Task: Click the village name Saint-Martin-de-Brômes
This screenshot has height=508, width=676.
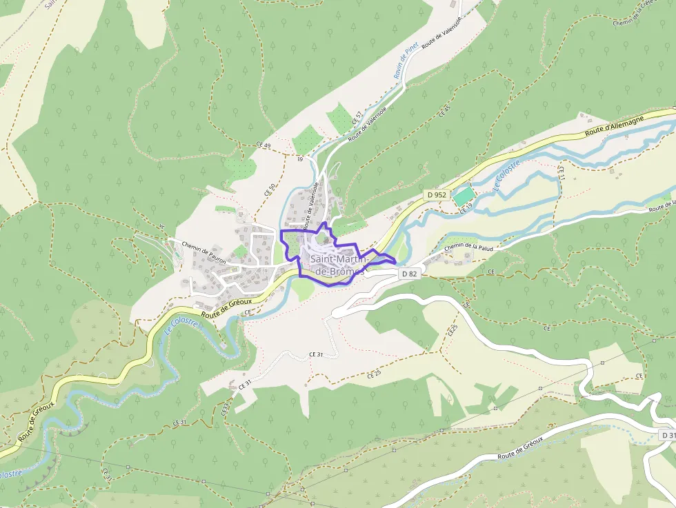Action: pos(337,265)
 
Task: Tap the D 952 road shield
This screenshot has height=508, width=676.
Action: pos(437,195)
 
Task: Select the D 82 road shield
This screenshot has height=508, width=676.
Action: pos(410,274)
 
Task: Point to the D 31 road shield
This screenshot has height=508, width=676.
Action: pos(667,436)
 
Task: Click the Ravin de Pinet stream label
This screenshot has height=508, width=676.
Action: pos(404,63)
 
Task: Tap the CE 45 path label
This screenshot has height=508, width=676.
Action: pos(444,111)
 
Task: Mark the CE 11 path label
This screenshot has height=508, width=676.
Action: pos(561,173)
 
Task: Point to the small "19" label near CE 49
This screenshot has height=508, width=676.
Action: pos(301,159)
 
